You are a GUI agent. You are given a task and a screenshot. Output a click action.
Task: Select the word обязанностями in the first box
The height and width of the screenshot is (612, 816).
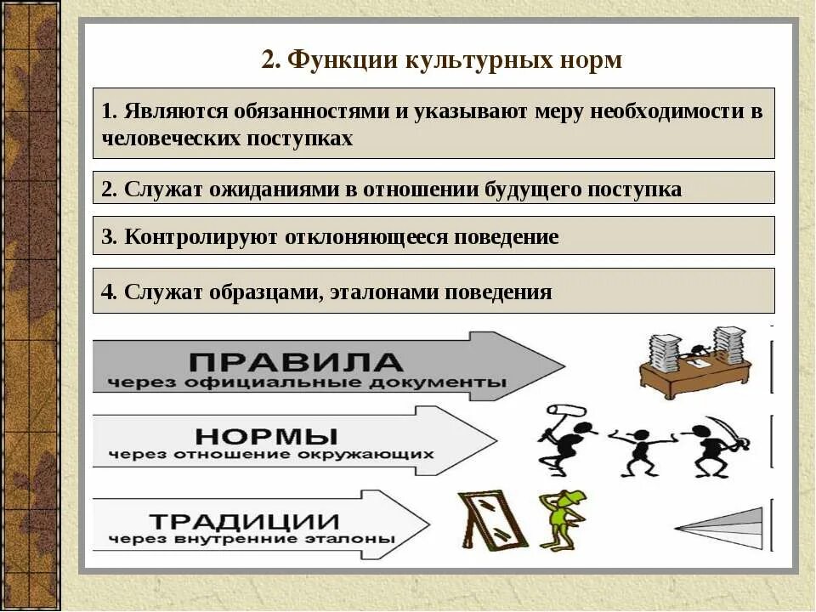coord(313,112)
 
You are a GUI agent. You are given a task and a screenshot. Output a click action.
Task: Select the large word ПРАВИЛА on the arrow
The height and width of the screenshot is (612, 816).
coord(296,362)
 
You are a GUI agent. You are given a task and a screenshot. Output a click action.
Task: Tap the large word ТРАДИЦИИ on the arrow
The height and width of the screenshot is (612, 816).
coord(244,519)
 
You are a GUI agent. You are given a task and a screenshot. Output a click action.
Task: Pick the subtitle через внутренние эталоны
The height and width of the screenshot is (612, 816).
coord(252,539)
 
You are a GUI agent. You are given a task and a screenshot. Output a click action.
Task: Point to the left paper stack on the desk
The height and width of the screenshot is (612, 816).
coord(665,350)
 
